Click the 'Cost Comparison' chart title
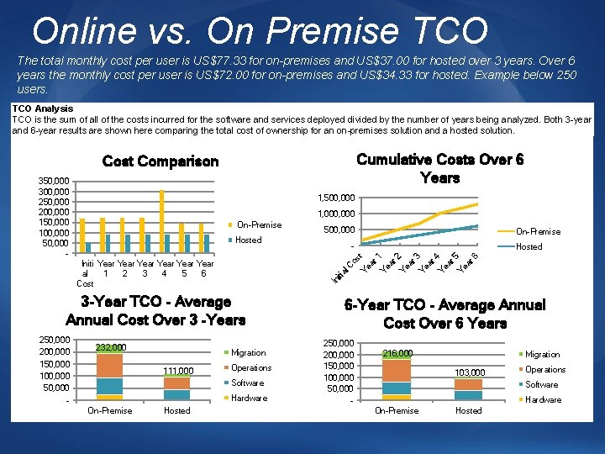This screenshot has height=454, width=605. (x=160, y=161)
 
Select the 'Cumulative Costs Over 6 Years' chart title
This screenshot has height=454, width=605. (x=439, y=168)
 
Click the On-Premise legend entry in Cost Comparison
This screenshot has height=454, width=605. (x=259, y=224)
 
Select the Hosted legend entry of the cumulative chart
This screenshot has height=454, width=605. (x=529, y=246)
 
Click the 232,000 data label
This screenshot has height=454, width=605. (x=110, y=347)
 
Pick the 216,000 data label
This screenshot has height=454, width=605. (x=397, y=354)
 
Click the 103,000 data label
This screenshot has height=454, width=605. (x=469, y=372)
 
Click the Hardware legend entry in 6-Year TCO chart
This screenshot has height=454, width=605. (x=542, y=399)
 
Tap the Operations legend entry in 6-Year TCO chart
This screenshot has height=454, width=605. (x=544, y=369)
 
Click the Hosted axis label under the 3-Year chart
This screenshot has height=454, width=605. (x=176, y=410)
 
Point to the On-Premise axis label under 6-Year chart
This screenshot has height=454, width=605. (x=397, y=410)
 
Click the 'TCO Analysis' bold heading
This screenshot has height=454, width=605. (x=42, y=108)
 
